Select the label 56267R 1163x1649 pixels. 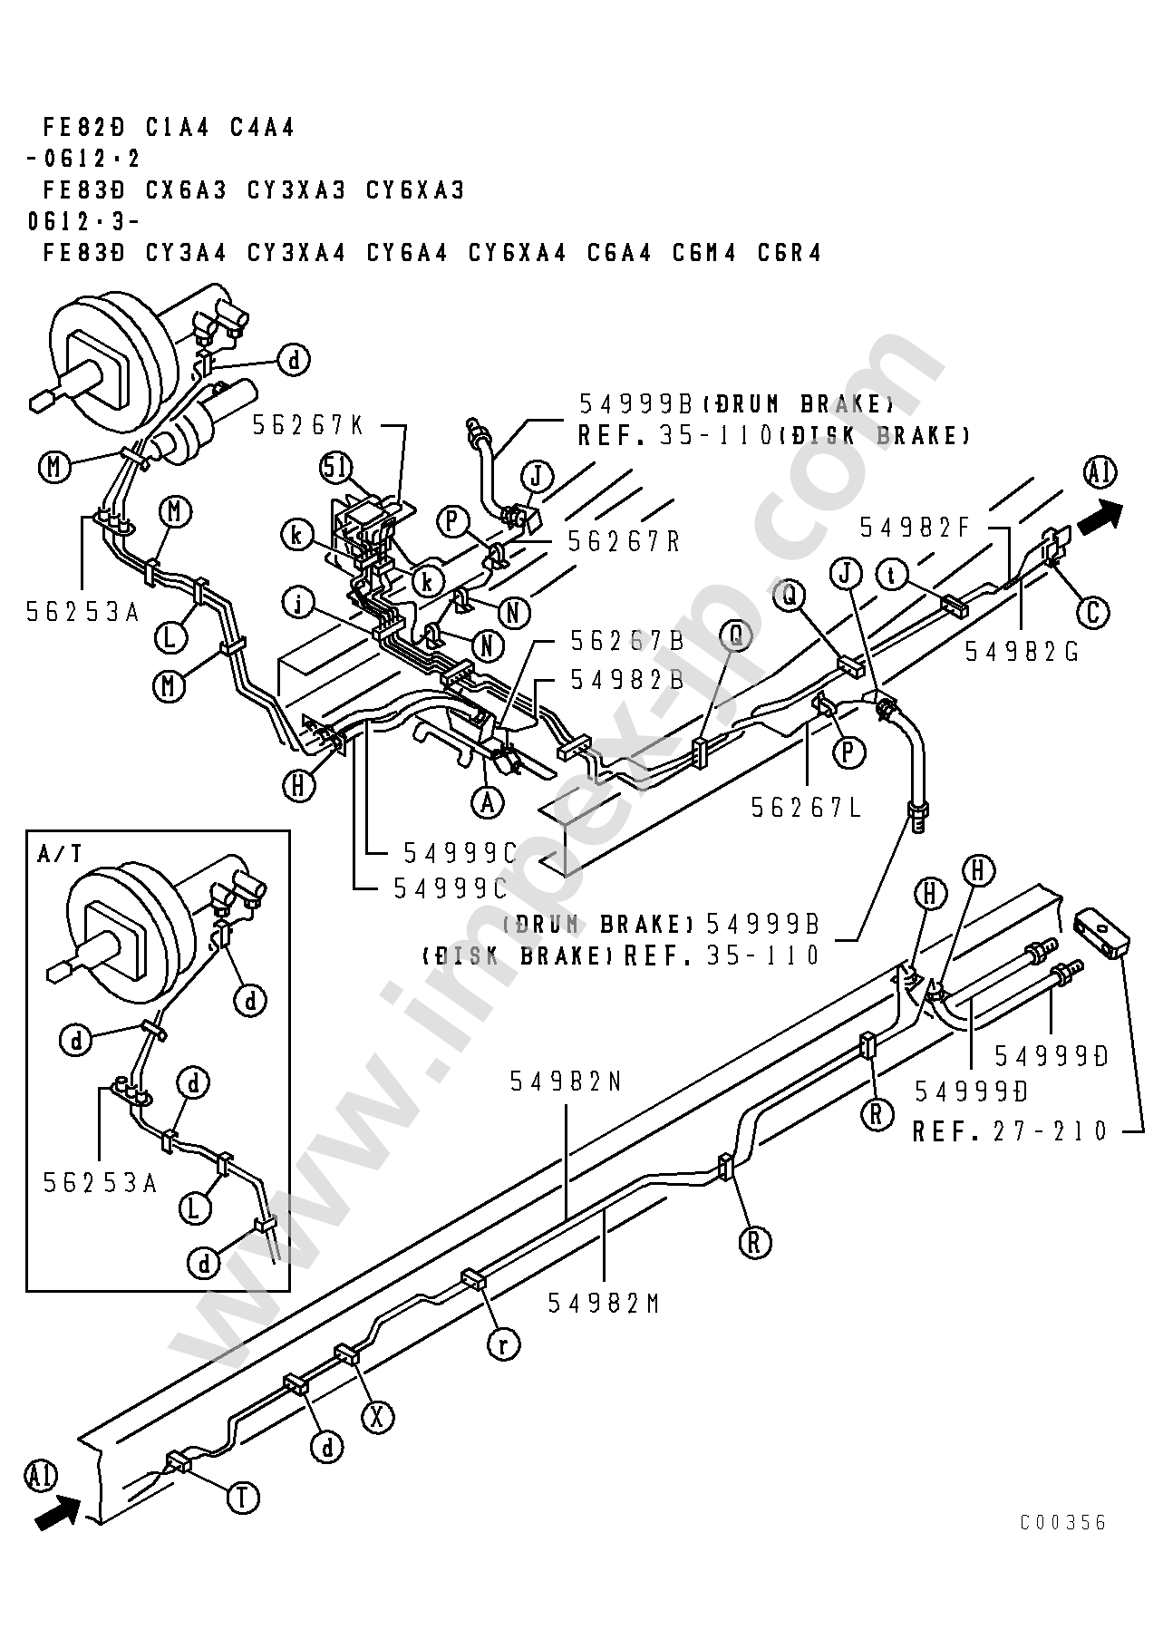624,540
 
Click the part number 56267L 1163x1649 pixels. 808,806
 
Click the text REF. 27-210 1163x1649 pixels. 1010,1130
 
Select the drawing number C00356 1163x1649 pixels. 1063,1522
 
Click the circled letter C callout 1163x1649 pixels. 1092,613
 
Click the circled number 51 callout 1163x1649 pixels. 335,468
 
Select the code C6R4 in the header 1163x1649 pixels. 790,253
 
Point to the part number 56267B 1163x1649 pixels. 626,641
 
